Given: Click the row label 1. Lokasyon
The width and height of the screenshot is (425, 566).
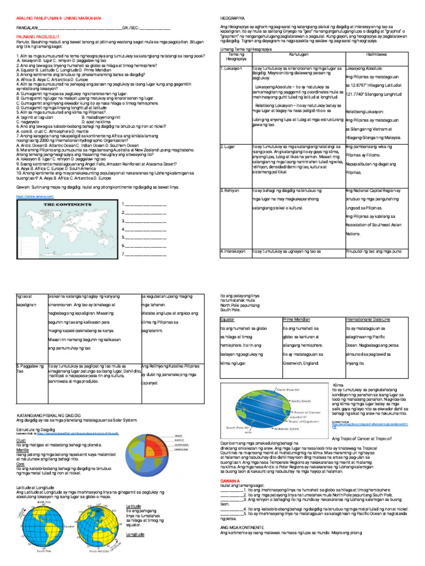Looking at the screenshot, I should point(231,69).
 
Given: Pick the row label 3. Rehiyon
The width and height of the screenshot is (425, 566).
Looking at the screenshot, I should point(230,190).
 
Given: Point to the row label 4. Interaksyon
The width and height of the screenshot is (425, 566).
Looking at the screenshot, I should point(233,251).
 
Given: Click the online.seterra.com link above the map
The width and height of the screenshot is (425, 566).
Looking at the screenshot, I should point(30,196).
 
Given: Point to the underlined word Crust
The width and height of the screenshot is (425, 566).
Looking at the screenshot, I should point(22,440).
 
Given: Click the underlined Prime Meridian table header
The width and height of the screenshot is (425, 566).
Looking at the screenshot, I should point(298,319).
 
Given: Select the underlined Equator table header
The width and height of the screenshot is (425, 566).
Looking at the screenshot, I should point(227,319).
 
